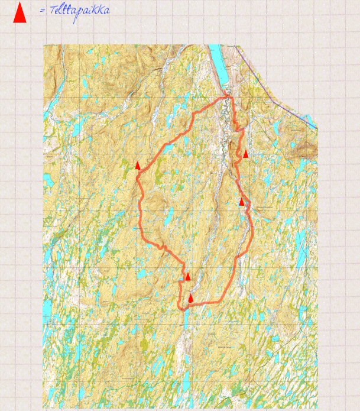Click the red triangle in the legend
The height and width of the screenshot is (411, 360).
[x=20, y=13]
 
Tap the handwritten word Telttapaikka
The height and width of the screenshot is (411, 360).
[x=80, y=11]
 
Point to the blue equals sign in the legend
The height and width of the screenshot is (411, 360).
[x=43, y=11]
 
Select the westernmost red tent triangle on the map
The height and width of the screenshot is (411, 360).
[x=138, y=166]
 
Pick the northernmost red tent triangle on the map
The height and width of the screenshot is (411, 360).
[x=245, y=154]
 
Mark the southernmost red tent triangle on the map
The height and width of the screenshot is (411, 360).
[x=190, y=298]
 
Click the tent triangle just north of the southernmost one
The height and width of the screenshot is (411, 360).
[x=188, y=276]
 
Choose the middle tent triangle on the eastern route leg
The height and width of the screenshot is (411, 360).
[x=241, y=202]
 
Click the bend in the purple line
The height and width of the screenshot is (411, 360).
[x=242, y=54]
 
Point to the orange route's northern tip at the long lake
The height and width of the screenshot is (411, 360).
[x=226, y=96]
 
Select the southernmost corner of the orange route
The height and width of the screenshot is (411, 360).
[x=181, y=308]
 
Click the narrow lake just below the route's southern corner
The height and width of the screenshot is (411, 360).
[x=186, y=319]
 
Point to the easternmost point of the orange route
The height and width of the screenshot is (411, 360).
[x=252, y=234]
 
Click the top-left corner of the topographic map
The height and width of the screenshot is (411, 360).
[x=44, y=46]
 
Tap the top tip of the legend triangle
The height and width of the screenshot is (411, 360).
[x=20, y=2]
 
